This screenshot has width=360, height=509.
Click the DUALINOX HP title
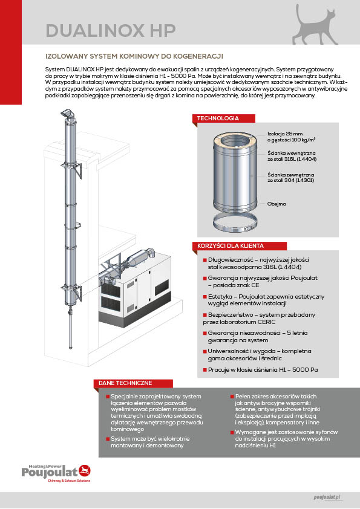(111, 30)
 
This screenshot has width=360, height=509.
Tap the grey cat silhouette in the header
(314, 26)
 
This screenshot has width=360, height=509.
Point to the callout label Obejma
(277, 204)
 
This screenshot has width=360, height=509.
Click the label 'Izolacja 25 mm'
(285, 134)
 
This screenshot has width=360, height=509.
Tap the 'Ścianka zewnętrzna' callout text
(291, 175)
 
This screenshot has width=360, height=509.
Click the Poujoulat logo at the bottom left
(56, 473)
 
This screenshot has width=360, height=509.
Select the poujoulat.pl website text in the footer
(327, 498)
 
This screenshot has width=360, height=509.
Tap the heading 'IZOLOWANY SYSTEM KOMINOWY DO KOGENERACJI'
(134, 56)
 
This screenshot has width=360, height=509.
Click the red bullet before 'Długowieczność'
(205, 260)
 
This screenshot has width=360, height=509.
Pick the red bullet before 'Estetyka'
(205, 297)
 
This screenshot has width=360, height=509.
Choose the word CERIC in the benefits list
(266, 322)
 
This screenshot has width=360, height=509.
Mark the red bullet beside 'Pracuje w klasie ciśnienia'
(205, 370)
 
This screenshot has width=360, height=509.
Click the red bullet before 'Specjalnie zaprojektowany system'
(108, 397)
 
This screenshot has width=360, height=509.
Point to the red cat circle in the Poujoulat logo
(85, 470)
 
